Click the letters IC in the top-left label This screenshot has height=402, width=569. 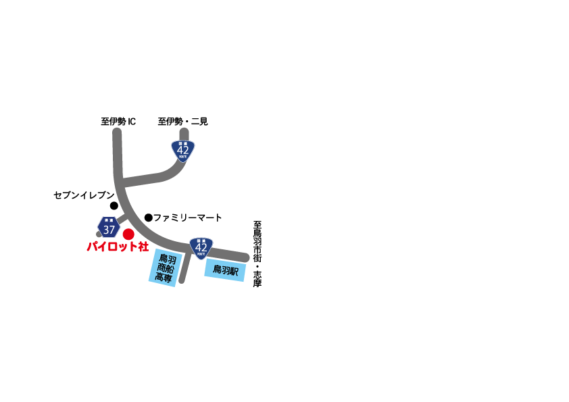[x=131, y=122]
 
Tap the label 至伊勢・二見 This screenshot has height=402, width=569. [x=182, y=122]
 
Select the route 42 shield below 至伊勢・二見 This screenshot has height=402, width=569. [x=183, y=150]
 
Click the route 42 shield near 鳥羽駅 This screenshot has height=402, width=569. [x=201, y=248]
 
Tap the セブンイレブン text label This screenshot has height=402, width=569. [x=84, y=195]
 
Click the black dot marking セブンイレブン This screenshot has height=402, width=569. [x=114, y=205]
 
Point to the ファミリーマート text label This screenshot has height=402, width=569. [x=188, y=218]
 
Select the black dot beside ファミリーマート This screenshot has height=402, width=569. [x=149, y=218]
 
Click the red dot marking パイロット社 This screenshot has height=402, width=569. [x=128, y=234]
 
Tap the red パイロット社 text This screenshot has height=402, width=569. [x=118, y=247]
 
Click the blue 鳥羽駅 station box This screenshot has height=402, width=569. [x=225, y=270]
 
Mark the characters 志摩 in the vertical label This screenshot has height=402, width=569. [x=257, y=278]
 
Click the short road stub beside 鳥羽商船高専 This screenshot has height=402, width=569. [x=183, y=270]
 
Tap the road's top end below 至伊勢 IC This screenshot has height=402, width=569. [x=116, y=132]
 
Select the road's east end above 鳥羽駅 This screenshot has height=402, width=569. [x=245, y=257]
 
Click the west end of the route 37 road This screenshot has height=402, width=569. [x=99, y=234]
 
